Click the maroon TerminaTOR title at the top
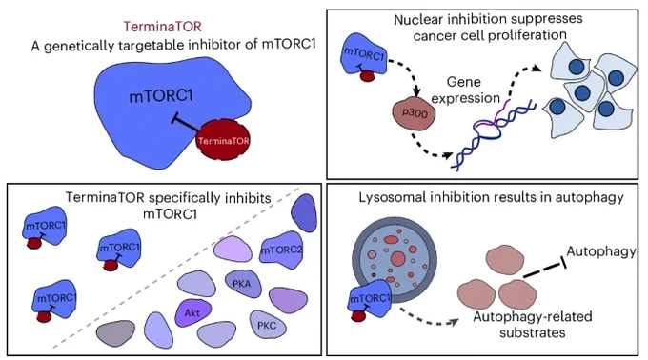[162, 27]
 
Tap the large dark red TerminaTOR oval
[223, 140]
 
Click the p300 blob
[414, 113]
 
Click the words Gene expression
[464, 90]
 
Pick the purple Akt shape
[192, 312]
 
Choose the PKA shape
[242, 284]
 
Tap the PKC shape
[267, 325]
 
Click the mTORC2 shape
[281, 249]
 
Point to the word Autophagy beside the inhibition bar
[601, 251]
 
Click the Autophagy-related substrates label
[533, 325]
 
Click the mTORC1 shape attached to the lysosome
[370, 298]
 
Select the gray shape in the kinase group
[115, 332]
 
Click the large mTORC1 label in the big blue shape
[161, 96]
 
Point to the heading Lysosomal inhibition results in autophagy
[491, 197]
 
